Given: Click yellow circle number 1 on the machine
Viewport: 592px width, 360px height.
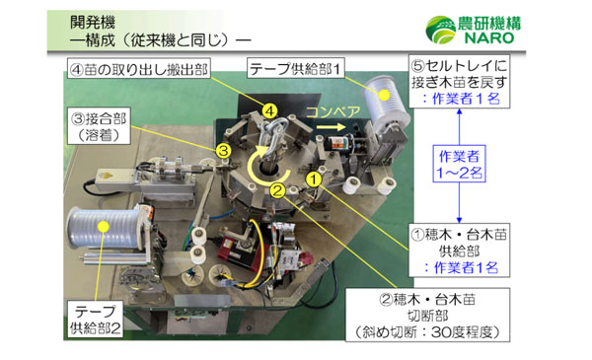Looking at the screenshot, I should [313, 179].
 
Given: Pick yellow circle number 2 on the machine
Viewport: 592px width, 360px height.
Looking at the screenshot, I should [278, 188].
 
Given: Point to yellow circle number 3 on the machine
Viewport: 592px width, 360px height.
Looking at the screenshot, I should [224, 150].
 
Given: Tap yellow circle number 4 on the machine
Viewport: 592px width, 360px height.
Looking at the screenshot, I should [268, 111].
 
